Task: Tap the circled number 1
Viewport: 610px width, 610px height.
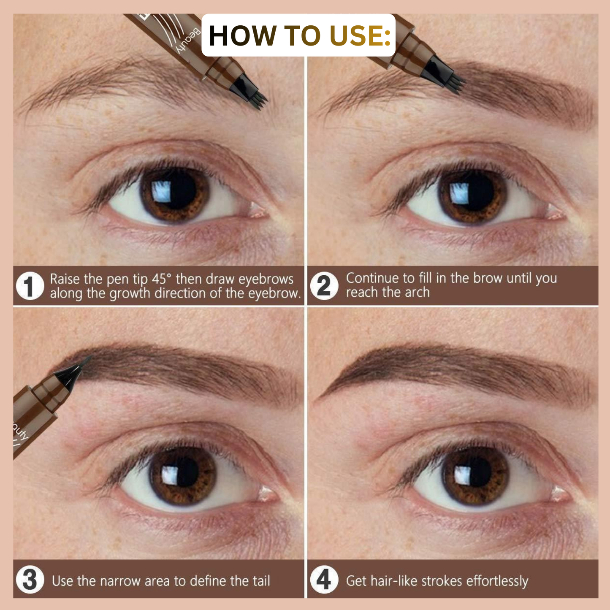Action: [30, 286]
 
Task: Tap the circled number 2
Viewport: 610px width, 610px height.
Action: [324, 286]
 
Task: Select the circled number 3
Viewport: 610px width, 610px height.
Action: [30, 580]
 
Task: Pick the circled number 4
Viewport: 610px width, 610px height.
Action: [324, 580]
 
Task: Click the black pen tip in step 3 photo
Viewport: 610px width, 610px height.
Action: [72, 374]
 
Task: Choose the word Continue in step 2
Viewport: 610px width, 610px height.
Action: [372, 278]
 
